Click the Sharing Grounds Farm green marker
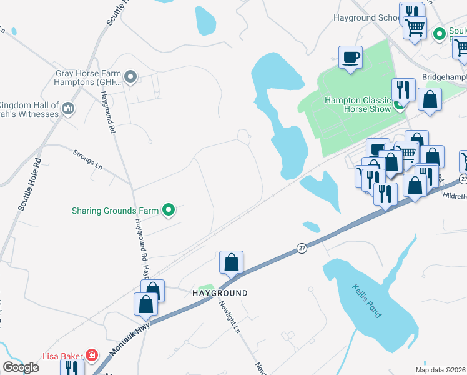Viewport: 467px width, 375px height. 168,211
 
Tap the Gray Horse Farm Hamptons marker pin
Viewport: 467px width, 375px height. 130,77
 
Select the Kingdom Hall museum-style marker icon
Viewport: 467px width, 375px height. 69,109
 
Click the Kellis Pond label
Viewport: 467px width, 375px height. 366,300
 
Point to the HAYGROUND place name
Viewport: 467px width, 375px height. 220,293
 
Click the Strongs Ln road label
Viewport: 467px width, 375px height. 87,159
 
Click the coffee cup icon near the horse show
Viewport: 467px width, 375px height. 350,57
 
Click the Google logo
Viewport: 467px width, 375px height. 21,367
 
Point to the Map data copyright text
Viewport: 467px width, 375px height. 441,370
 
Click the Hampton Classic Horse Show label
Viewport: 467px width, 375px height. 357,104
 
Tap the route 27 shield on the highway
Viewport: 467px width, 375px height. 302,249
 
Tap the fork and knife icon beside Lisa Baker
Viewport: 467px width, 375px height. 72,369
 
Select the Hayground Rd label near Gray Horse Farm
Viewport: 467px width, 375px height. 107,112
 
